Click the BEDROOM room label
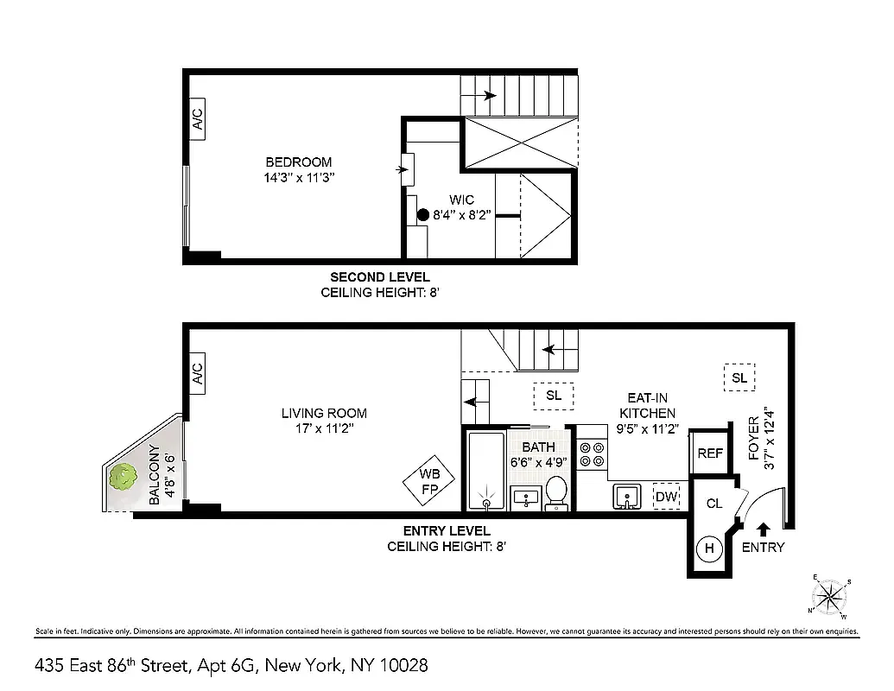tap(298, 162)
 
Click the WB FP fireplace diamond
tap(429, 480)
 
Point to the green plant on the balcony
tap(123, 477)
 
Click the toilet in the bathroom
tap(556, 491)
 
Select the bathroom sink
tap(524, 497)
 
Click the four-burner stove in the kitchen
tap(592, 454)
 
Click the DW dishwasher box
tap(666, 496)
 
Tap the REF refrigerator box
tap(710, 453)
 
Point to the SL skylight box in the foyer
tap(739, 377)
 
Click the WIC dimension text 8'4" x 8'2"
tap(462, 215)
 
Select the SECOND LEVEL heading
tap(380, 277)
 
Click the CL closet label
tap(714, 504)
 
